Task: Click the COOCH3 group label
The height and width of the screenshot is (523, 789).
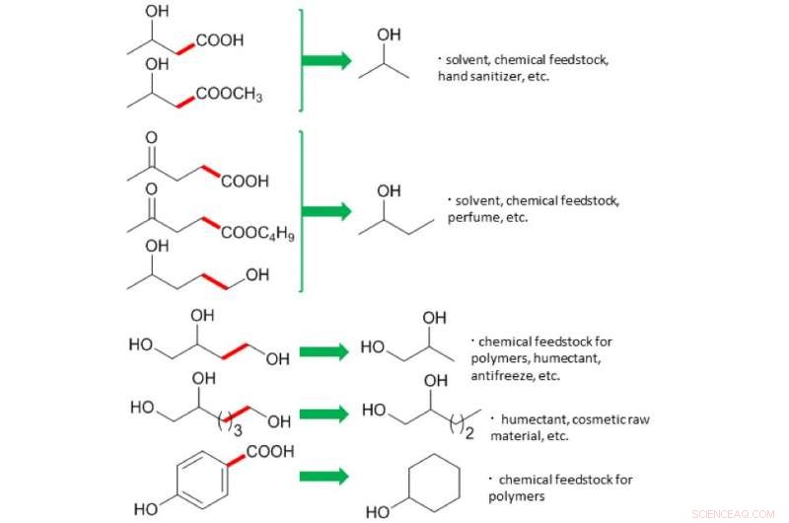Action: pos(229,95)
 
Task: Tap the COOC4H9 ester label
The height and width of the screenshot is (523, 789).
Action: pos(257,235)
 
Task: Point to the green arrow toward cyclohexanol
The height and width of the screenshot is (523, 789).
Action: pos(324,476)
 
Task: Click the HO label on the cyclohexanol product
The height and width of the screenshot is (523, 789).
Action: pos(377,512)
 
